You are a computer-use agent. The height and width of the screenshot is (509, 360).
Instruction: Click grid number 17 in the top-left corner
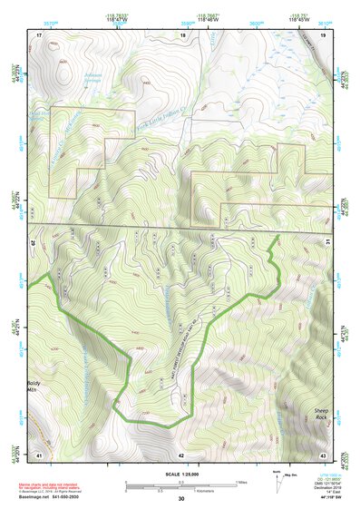[x=39, y=34]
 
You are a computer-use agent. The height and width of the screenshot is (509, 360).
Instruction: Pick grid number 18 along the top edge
[x=181, y=34]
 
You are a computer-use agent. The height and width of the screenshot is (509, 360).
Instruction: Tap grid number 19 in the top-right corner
[x=323, y=34]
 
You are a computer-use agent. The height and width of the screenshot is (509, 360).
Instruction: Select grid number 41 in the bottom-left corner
[x=39, y=455]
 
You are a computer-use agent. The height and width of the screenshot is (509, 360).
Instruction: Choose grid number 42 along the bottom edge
[x=181, y=455]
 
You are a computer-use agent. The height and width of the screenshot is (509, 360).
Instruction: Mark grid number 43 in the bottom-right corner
[x=323, y=455]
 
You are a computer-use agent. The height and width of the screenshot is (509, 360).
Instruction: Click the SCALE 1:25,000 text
[x=180, y=472]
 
